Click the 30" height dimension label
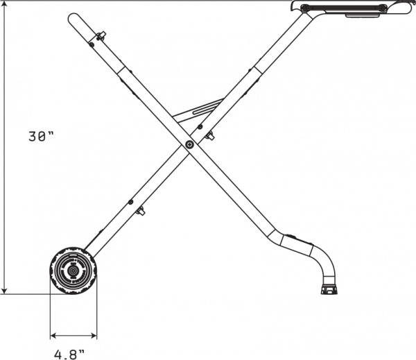click(x=41, y=137)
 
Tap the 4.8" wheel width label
click(x=69, y=354)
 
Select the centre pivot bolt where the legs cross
click(x=189, y=144)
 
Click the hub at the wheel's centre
click(x=72, y=271)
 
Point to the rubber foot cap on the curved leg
click(x=329, y=289)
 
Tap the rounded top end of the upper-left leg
click(x=73, y=18)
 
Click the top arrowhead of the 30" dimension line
click(x=4, y=5)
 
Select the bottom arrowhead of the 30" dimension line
click(x=4, y=290)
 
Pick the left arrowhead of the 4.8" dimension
click(x=53, y=336)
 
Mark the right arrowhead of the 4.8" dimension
click(x=94, y=336)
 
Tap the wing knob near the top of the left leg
click(x=102, y=35)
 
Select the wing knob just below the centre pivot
click(x=209, y=135)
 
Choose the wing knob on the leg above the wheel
click(x=140, y=211)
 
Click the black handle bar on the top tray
click(x=344, y=8)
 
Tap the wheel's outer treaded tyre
click(x=73, y=271)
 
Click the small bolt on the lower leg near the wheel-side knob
click(x=130, y=203)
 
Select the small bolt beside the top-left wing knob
click(x=92, y=44)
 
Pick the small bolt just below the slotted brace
click(x=200, y=126)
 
